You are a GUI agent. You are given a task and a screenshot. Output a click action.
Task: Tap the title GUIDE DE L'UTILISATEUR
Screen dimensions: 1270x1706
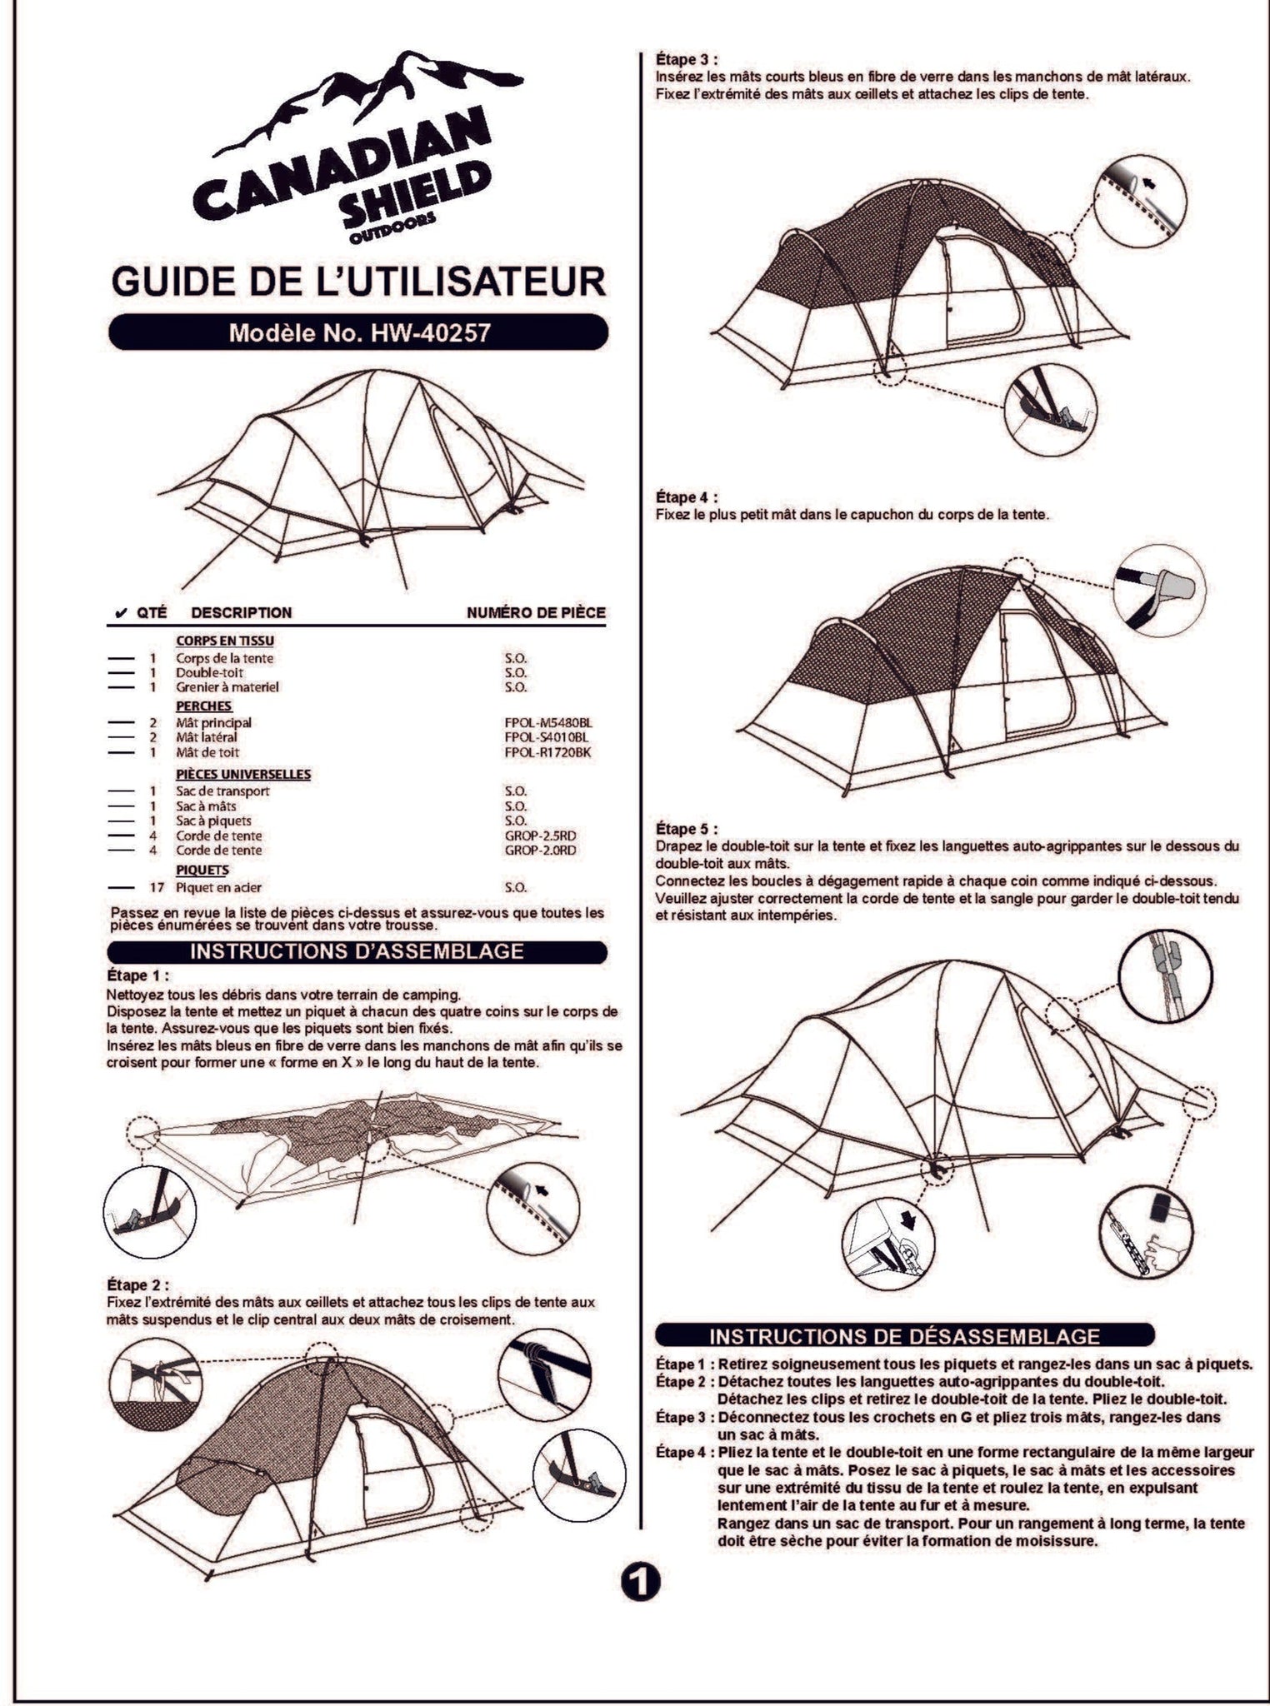coord(358,282)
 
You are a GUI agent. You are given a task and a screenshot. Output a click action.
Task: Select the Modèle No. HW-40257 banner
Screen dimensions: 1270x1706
coord(358,332)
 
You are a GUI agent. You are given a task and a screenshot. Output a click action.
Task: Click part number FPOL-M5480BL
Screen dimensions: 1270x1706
coord(547,723)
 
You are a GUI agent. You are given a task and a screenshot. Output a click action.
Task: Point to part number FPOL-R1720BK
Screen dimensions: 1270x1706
coord(547,752)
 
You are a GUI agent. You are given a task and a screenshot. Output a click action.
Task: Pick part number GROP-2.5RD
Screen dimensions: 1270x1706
coord(540,836)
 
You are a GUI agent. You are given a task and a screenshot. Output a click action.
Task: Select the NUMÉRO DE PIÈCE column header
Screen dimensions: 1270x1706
coord(536,613)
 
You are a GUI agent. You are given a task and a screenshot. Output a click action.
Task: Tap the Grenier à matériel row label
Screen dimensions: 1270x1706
coord(227,687)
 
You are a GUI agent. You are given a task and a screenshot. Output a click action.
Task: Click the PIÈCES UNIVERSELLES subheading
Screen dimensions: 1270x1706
coord(243,774)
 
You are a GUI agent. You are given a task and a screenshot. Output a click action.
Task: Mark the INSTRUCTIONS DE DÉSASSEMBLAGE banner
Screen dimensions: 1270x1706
coord(905,1336)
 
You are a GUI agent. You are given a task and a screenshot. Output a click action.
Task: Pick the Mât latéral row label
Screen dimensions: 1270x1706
coord(207,737)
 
